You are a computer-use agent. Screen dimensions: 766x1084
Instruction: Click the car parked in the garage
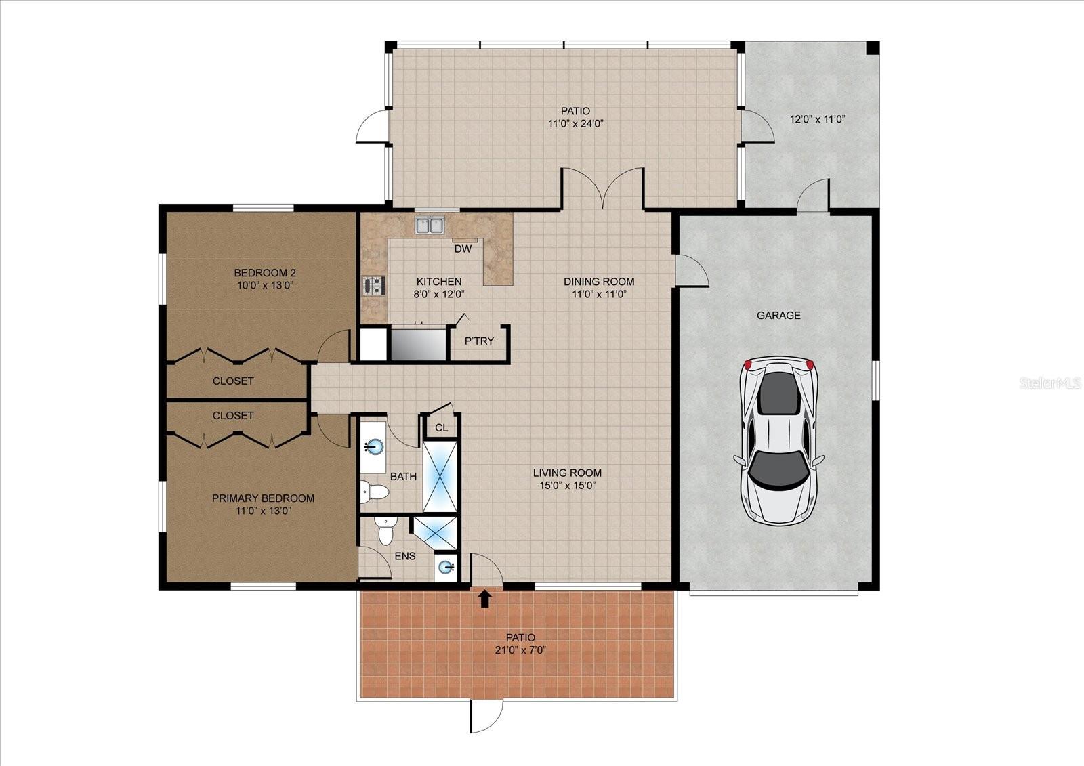[779, 442]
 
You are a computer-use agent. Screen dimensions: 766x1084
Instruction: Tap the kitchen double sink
[430, 226]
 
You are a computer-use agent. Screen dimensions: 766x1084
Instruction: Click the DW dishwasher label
[463, 249]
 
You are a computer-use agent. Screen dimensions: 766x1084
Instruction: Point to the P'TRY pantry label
[479, 341]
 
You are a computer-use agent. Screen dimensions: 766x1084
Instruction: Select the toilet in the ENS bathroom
[386, 532]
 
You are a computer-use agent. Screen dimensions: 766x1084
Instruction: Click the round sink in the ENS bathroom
[446, 567]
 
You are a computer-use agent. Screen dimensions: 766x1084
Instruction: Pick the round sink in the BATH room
[373, 446]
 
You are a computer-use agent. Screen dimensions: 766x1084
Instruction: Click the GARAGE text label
[778, 315]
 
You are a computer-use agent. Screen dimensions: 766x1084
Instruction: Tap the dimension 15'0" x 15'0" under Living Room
[566, 485]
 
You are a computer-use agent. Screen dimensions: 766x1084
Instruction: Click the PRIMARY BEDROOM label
[263, 498]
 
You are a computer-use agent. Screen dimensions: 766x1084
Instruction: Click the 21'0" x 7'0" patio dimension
[520, 650]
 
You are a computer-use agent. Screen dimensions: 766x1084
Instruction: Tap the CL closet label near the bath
[441, 427]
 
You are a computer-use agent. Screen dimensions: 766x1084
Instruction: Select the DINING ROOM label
[599, 281]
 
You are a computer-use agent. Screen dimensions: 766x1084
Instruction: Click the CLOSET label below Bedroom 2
[233, 381]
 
